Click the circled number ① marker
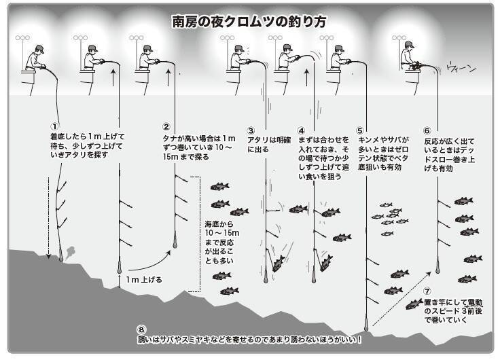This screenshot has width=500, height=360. coord(54,126)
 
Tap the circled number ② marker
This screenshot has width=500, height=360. coord(165,126)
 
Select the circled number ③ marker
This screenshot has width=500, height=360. coord(251,130)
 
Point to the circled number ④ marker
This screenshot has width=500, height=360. coord(301,130)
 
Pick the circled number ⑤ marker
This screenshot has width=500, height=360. coord(361,130)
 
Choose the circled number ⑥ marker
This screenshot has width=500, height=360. coord(427,130)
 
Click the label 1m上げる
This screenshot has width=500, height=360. coord(144,279)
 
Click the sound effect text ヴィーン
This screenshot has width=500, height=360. coord(461,68)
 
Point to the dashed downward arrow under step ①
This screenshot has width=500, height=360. coord(48,217)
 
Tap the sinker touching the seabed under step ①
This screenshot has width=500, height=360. coord(62,256)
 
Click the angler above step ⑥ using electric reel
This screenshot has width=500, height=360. coord(408,58)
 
